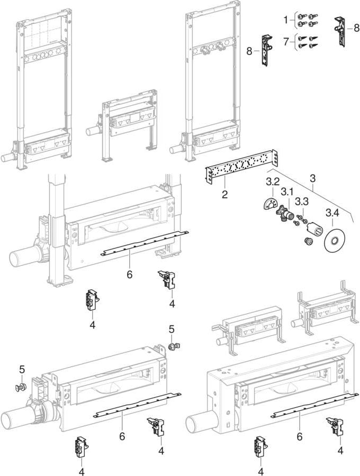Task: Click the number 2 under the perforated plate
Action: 224,194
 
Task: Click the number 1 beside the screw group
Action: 286,20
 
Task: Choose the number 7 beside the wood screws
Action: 286,41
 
